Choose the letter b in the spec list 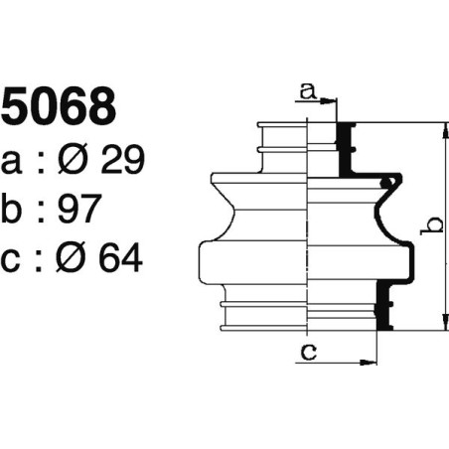14,209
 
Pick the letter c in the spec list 13,259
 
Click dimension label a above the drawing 307,92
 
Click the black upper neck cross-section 347,147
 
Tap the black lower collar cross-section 382,306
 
